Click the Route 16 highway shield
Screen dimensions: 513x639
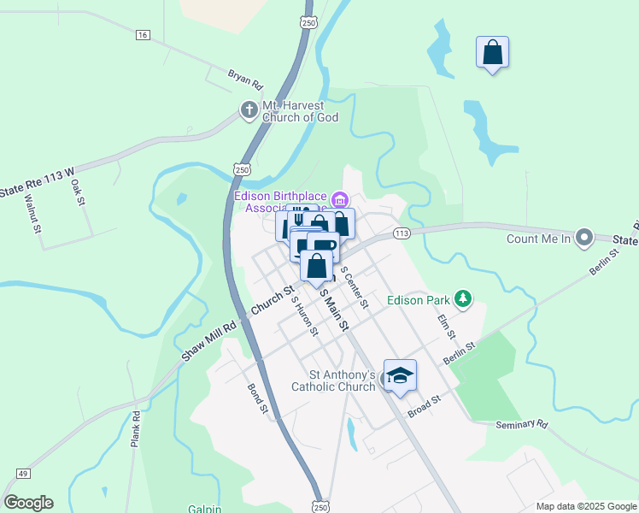(x=142, y=34)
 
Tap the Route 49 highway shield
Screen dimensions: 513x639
(x=22, y=474)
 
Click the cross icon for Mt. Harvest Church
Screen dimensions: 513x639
(x=249, y=110)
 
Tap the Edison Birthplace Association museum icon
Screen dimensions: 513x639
(x=340, y=201)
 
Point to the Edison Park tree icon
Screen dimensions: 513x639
(x=464, y=298)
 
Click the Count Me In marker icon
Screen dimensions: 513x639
(x=584, y=237)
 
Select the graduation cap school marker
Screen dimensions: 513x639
(x=399, y=376)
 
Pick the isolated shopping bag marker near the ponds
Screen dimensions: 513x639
(x=492, y=53)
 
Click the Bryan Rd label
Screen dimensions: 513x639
(x=245, y=80)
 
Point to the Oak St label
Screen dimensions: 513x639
(x=79, y=192)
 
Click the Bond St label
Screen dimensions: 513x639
(x=258, y=398)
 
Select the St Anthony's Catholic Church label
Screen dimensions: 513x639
(x=342, y=380)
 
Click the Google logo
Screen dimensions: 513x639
(x=29, y=503)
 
